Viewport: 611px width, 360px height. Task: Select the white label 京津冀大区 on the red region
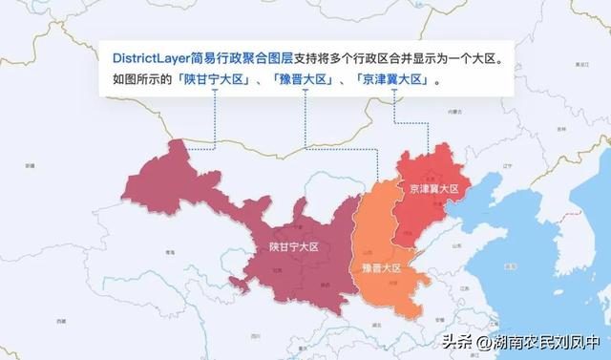click(x=433, y=189)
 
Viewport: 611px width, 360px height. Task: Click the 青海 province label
click(x=169, y=251)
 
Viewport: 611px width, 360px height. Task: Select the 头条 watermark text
click(x=454, y=341)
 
